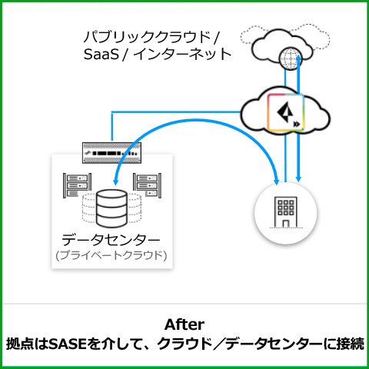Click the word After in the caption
pyautogui.click(x=184, y=325)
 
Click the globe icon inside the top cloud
pyautogui.click(x=291, y=59)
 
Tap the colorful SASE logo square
pyautogui.click(x=286, y=112)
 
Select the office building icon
pyautogui.click(x=286, y=212)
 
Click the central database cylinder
pyautogui.click(x=111, y=208)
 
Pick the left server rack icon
pyautogui.click(x=77, y=185)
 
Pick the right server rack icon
pyautogui.click(x=147, y=185)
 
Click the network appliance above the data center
pyautogui.click(x=111, y=153)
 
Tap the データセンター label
pyautogui.click(x=111, y=240)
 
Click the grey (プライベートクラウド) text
pyautogui.click(x=111, y=255)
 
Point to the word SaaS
pyautogui.click(x=101, y=55)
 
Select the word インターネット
pyautogui.click(x=182, y=55)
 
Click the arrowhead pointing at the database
pyautogui.click(x=115, y=181)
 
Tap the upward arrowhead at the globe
pyautogui.click(x=298, y=58)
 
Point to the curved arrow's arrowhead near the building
pyautogui.click(x=276, y=181)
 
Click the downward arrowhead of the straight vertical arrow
pyautogui.click(x=298, y=178)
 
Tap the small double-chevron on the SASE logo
pyautogui.click(x=297, y=125)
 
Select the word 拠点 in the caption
pyautogui.click(x=17, y=344)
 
